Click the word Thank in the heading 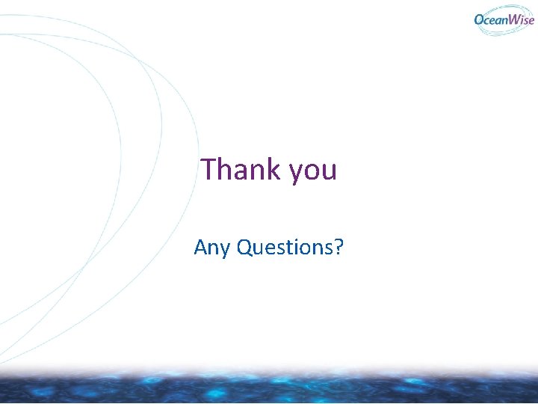pos(240,169)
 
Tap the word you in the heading pos(313,171)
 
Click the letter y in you pos(295,173)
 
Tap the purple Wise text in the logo pos(522,20)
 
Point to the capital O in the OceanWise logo pos(480,20)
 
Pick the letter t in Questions pos(291,246)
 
